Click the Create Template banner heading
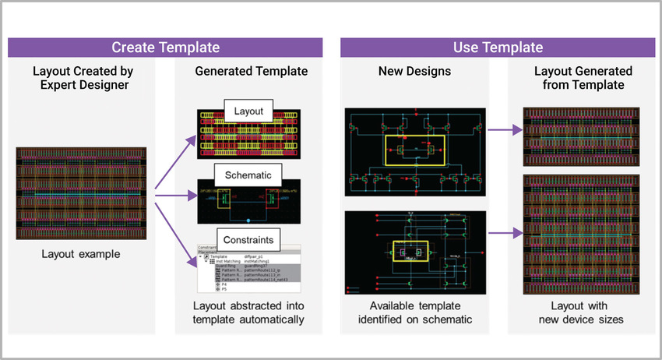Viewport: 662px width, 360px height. coord(165,48)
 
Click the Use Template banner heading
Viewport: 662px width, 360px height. coord(498,48)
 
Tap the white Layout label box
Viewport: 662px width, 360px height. coord(248,111)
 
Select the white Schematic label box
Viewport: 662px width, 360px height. coord(248,174)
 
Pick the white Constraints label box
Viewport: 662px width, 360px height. coord(248,237)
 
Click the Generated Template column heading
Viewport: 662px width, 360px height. coord(251,71)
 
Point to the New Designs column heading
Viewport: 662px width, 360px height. coord(414,71)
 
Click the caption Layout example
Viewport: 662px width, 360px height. coord(82,253)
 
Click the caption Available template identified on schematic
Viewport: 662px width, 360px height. coord(414,312)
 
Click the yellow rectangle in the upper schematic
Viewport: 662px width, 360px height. coord(414,149)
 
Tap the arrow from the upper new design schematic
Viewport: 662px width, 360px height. coord(504,132)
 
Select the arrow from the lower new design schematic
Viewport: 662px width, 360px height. coord(504,231)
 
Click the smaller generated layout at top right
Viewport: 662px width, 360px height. coord(583,136)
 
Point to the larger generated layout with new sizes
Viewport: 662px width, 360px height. coord(583,234)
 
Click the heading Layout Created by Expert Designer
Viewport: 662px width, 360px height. coord(82,78)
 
